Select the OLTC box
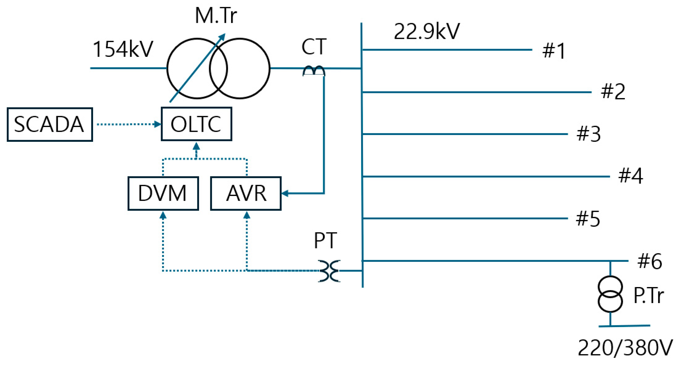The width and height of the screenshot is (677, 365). coord(196,124)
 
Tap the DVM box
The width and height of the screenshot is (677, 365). coord(163,193)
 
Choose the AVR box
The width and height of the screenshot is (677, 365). coord(246,193)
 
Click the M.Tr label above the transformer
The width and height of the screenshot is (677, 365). coord(216,16)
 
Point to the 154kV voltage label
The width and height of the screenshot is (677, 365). coord(123,49)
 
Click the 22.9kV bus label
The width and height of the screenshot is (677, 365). coord(426,32)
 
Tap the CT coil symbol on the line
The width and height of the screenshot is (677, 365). coord(314,71)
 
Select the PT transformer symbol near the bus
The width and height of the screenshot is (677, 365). coord(329,271)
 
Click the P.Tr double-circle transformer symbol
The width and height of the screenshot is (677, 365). coord(610,294)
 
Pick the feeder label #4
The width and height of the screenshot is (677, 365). coord(631,176)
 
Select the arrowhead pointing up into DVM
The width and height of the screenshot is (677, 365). coord(163,216)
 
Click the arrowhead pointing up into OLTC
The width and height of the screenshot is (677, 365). coord(196,146)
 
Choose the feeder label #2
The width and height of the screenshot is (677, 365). coord(613,92)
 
